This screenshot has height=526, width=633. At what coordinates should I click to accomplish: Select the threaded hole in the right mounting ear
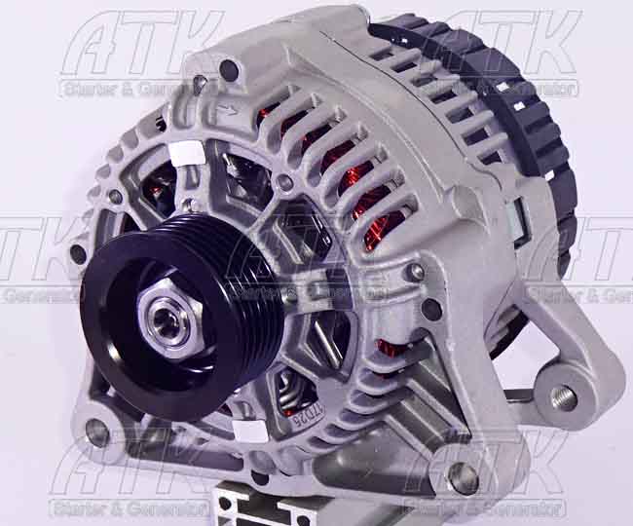[x=563, y=396]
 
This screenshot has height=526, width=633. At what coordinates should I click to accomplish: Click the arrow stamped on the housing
[x=230, y=109]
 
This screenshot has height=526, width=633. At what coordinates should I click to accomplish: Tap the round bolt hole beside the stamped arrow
[x=228, y=70]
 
